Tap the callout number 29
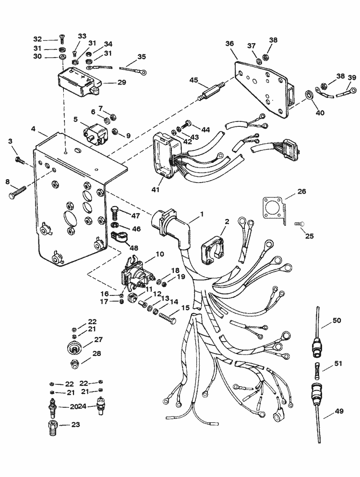121,83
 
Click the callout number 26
301,192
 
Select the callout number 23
75,425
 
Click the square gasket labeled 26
274,209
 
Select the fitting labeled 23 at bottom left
50,427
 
